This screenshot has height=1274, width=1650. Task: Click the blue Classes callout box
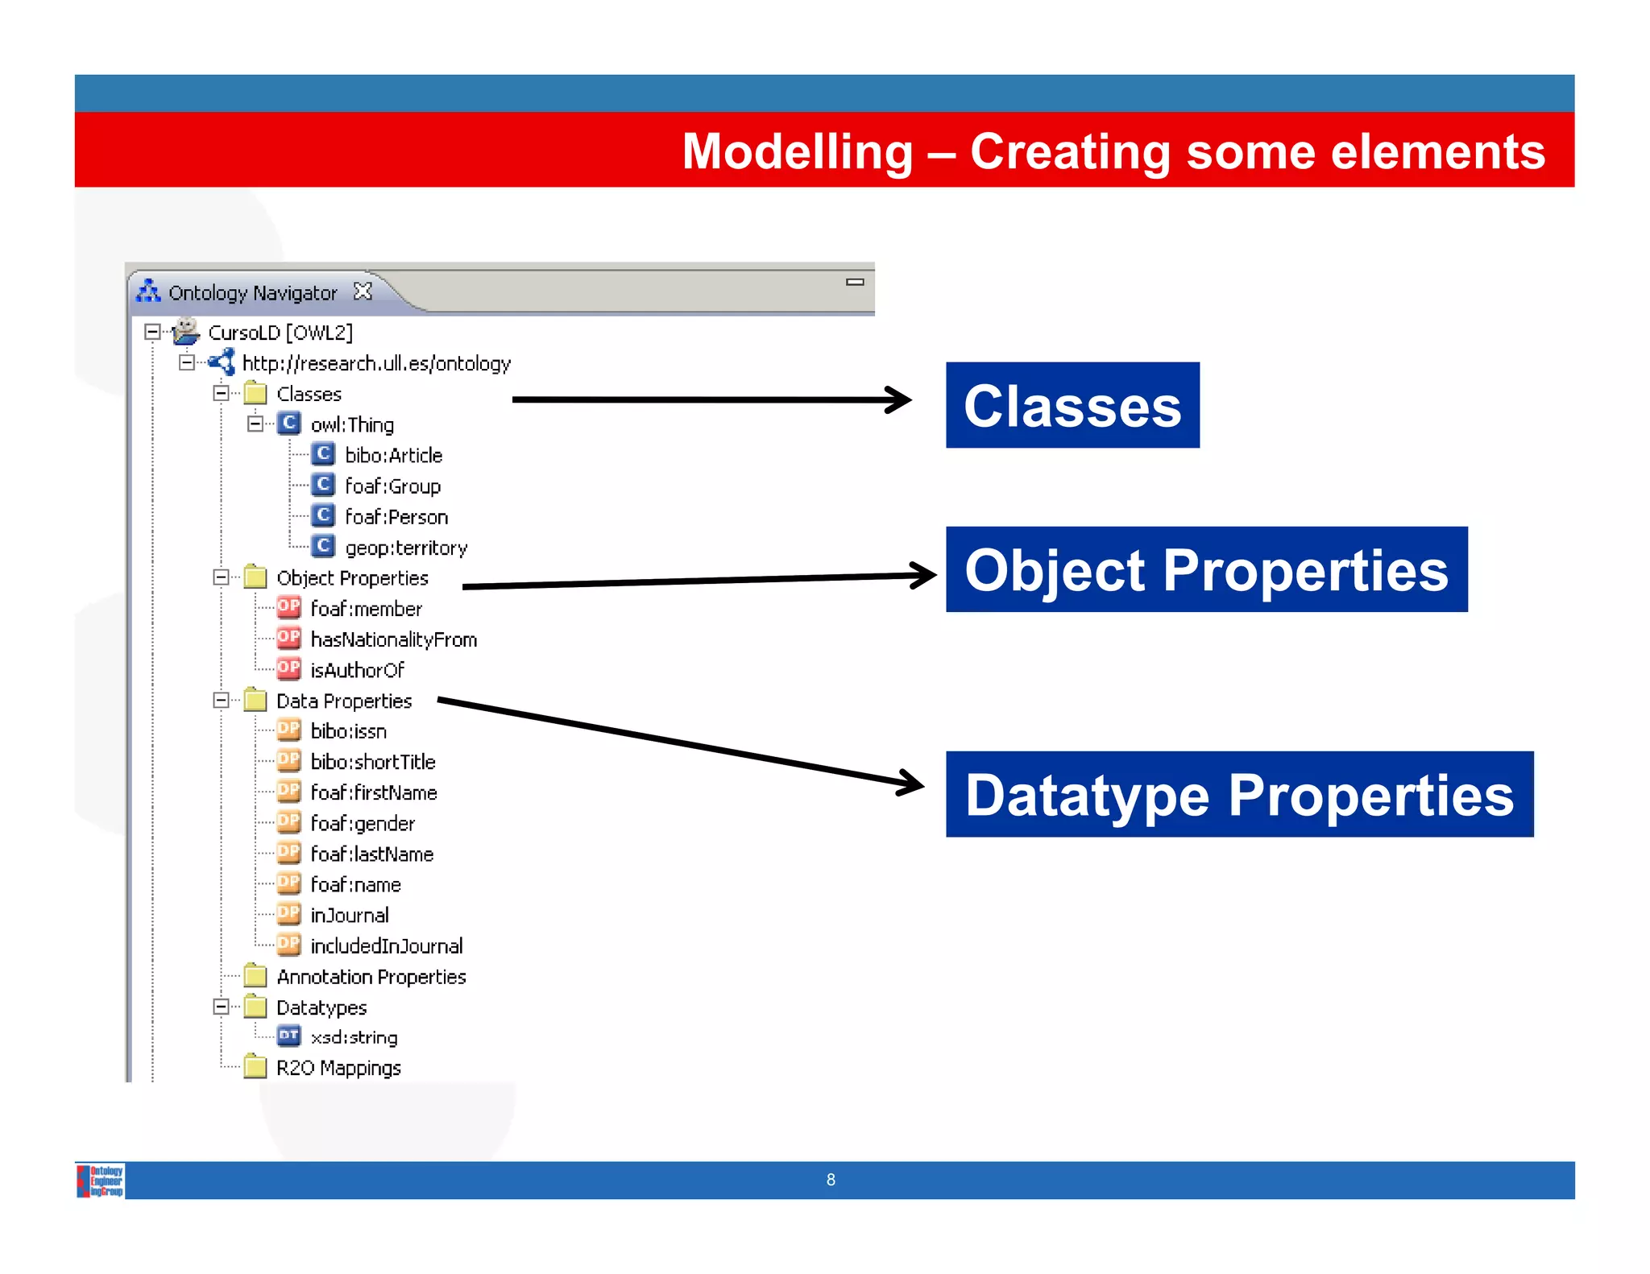tap(1072, 405)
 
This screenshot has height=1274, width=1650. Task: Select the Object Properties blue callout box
tap(1206, 569)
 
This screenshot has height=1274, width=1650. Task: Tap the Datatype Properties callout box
tap(1238, 794)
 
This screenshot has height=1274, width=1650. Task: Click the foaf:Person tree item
tap(396, 517)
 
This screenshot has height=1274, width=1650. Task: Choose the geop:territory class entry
tap(405, 548)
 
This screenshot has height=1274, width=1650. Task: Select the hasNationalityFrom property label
tap(393, 639)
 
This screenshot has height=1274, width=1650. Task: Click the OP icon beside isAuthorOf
tap(288, 668)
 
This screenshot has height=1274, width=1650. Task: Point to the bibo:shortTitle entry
tap(372, 762)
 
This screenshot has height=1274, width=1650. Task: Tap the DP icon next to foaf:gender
tap(288, 822)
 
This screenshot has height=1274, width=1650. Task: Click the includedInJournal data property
tap(386, 946)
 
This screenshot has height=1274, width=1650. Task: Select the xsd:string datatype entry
tap(354, 1037)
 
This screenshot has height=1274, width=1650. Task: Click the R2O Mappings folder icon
tap(255, 1067)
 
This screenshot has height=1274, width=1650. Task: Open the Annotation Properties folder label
tap(371, 977)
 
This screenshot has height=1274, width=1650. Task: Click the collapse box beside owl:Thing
tap(255, 424)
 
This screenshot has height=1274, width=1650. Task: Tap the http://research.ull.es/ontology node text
tap(376, 363)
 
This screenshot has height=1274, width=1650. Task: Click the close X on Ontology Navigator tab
tap(363, 292)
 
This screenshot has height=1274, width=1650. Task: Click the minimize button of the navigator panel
tap(855, 282)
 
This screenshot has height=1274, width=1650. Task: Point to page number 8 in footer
tap(831, 1180)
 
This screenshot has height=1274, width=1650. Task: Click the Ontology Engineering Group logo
tap(100, 1181)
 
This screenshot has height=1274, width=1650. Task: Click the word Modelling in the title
tap(797, 151)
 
